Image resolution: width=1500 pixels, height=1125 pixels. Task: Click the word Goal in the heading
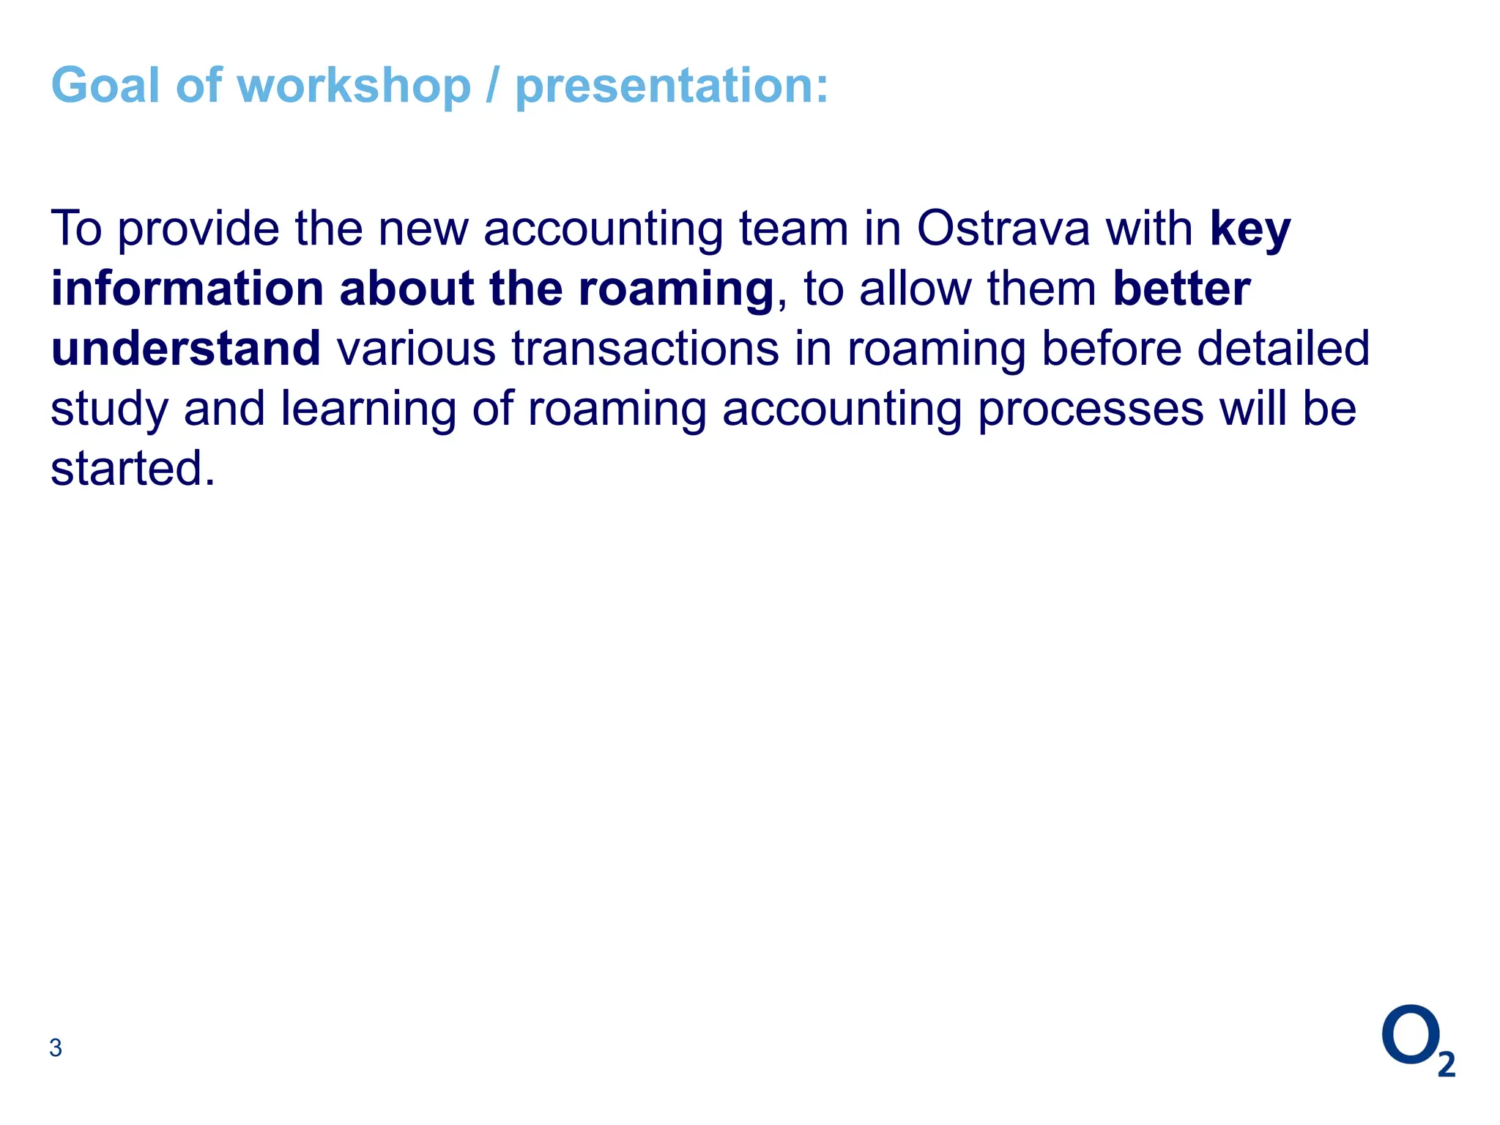(105, 86)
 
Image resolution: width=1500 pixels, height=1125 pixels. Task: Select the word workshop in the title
(354, 86)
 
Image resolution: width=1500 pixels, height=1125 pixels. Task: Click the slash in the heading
(493, 86)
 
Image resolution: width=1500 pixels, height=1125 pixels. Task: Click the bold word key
(1250, 230)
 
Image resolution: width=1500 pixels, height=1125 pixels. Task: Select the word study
(109, 410)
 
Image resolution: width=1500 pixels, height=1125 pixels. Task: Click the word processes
(1091, 409)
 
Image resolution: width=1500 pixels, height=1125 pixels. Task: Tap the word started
(133, 469)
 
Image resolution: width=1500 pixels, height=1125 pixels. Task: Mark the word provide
(198, 230)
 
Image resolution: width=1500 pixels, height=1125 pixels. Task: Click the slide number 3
(56, 1048)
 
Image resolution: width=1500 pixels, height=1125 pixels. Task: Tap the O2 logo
(1417, 1040)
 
